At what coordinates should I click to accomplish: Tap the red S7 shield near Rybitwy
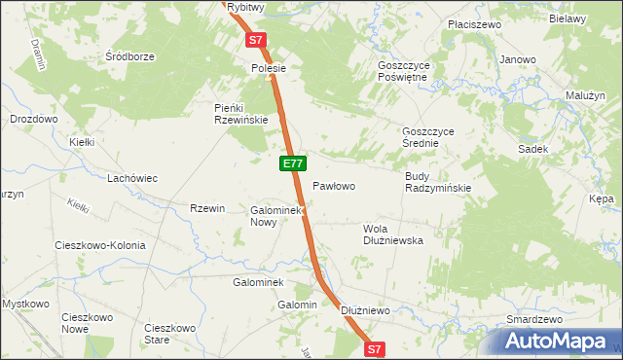point(256,41)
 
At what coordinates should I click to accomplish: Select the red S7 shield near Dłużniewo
point(376,347)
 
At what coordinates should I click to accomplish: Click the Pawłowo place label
point(333,185)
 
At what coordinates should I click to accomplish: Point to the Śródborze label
point(130,56)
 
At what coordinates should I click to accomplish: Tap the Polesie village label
point(268,69)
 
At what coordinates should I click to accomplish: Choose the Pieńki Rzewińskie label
point(240,114)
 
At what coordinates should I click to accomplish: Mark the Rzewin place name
point(207,208)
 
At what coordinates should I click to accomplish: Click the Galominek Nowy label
point(278,215)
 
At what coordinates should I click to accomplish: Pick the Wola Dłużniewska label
point(392,234)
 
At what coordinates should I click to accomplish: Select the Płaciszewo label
point(447,22)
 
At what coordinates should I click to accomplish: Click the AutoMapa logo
point(556,342)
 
